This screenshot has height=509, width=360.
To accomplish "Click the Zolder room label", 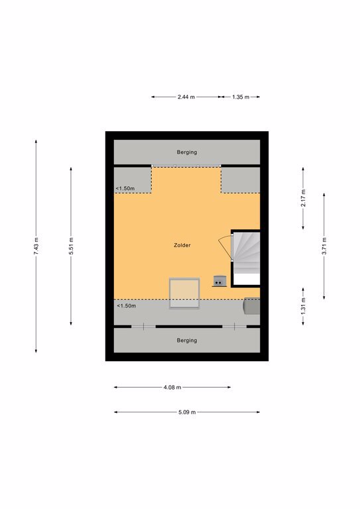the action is click(182, 245).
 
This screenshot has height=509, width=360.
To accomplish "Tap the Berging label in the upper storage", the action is click(187, 152).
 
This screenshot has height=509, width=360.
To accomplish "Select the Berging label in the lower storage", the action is click(187, 340).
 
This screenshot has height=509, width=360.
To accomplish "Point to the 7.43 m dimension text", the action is click(36, 246).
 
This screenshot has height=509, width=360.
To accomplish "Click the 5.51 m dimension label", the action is click(71, 246).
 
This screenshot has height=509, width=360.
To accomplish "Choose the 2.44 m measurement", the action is click(186, 97).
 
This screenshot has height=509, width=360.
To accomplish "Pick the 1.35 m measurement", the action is click(241, 97).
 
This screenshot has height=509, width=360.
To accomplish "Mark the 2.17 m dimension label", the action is click(303, 199).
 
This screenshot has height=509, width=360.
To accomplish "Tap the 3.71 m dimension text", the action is click(324, 246).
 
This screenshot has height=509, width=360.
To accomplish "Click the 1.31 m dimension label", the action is click(303, 306).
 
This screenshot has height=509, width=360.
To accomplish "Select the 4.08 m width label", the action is click(172, 387).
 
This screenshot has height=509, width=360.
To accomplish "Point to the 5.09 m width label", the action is click(187, 412).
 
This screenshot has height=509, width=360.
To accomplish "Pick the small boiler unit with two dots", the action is click(219, 281).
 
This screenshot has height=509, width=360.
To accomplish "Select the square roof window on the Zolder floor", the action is click(184, 294).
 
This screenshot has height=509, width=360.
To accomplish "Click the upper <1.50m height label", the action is click(125, 189).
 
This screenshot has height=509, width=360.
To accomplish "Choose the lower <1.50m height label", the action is click(126, 306).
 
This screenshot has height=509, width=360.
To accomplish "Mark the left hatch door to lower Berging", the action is click(143, 326).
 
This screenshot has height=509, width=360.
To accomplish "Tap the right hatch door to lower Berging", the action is click(235, 326).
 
